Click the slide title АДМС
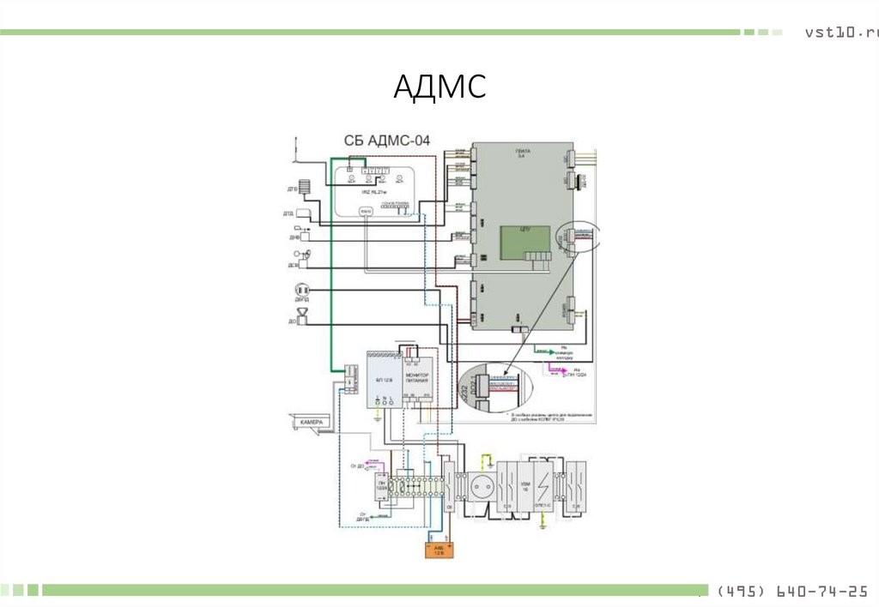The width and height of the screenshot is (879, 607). [x=439, y=87]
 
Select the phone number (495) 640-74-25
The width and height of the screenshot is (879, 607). [x=791, y=592]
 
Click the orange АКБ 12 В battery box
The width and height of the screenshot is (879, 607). [x=438, y=550]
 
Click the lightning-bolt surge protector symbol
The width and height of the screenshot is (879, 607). [x=543, y=485]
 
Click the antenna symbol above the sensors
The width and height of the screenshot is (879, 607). [x=294, y=147]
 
